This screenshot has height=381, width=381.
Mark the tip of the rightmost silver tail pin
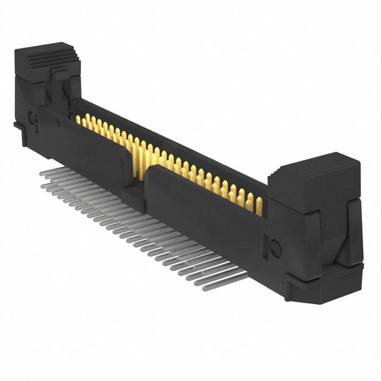click(205, 289)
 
